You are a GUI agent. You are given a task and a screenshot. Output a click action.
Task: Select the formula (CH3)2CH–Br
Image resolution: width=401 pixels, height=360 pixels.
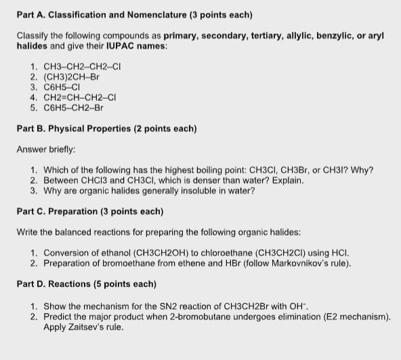(71, 77)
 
